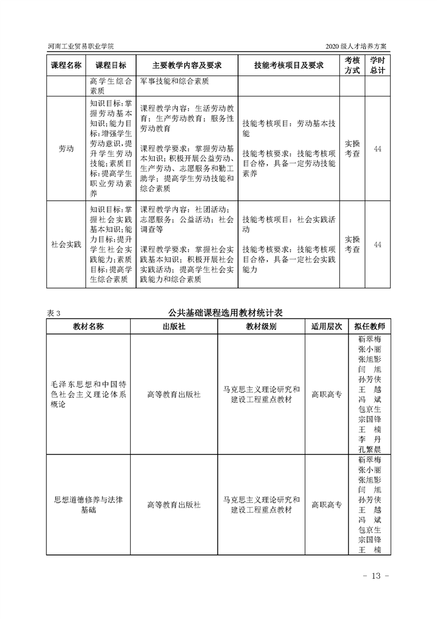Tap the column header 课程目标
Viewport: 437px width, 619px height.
click(x=111, y=65)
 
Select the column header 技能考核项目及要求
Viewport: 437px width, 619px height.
click(x=289, y=65)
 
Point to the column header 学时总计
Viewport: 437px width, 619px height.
click(x=377, y=65)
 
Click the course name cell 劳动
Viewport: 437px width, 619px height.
click(x=66, y=149)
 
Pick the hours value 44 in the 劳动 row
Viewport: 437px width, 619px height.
click(x=377, y=149)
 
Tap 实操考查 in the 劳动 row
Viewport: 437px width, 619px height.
click(x=352, y=149)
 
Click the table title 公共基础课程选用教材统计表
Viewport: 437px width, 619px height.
click(x=225, y=312)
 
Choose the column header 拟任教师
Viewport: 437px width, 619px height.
click(x=369, y=326)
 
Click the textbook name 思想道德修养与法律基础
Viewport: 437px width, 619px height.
click(x=88, y=504)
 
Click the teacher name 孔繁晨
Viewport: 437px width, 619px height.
click(x=369, y=449)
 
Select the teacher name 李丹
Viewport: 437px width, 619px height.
click(x=369, y=439)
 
